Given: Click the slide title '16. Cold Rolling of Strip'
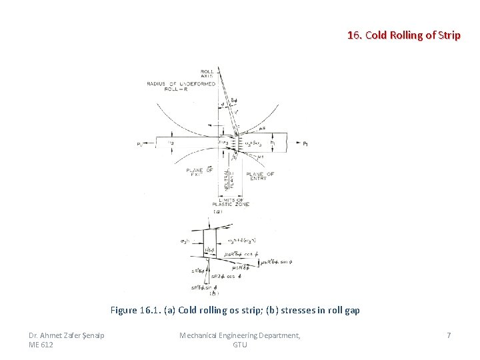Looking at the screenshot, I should pyautogui.click(x=403, y=35).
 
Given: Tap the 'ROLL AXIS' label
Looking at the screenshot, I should pyautogui.click(x=207, y=73).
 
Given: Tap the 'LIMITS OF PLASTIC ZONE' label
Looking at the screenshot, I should pyautogui.click(x=230, y=201).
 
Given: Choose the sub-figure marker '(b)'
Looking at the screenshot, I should pyautogui.click(x=213, y=293).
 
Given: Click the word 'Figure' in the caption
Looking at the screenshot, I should pyautogui.click(x=123, y=310).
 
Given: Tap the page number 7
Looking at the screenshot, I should pyautogui.click(x=449, y=335).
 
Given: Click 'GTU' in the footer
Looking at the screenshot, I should pyautogui.click(x=240, y=345).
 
